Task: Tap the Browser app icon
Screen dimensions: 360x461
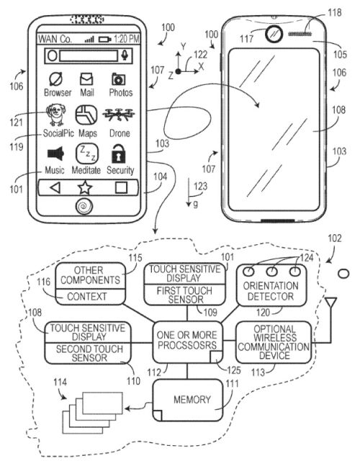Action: pyautogui.click(x=56, y=80)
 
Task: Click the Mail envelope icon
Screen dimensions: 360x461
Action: pyautogui.click(x=86, y=79)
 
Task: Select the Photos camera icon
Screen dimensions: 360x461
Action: pyautogui.click(x=118, y=79)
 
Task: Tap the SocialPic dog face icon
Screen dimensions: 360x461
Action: pyautogui.click(x=56, y=115)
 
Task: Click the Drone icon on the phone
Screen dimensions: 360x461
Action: pyautogui.click(x=119, y=115)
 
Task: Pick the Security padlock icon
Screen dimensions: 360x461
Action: pyautogui.click(x=118, y=153)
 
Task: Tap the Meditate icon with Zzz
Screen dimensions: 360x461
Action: pyautogui.click(x=87, y=153)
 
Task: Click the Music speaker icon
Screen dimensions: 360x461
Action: pyautogui.click(x=55, y=153)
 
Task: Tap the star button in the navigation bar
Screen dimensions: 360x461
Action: pyautogui.click(x=85, y=187)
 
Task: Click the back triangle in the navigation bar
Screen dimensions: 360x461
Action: pyautogui.click(x=55, y=187)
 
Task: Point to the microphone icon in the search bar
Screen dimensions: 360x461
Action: pyautogui.click(x=125, y=55)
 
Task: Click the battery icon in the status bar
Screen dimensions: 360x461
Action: pyautogui.click(x=105, y=39)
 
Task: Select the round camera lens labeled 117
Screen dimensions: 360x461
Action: pyautogui.click(x=274, y=34)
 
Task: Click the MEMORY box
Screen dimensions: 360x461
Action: pyautogui.click(x=187, y=400)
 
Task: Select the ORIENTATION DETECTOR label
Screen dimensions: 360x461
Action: pyautogui.click(x=271, y=291)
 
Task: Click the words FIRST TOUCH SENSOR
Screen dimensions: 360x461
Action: pyautogui.click(x=185, y=295)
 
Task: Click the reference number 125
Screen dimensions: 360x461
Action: pyautogui.click(x=233, y=370)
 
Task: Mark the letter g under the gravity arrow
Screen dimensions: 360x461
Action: pyautogui.click(x=196, y=203)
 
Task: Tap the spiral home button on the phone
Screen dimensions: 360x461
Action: pyautogui.click(x=85, y=206)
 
